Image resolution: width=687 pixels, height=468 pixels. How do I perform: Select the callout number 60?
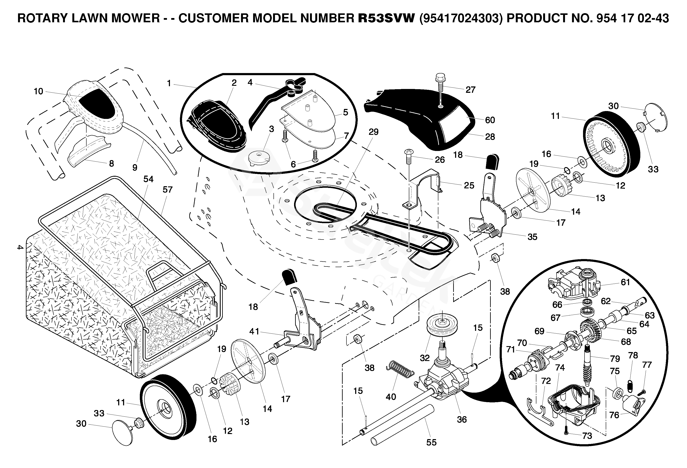(490, 120)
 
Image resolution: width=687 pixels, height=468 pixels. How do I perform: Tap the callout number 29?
(373, 132)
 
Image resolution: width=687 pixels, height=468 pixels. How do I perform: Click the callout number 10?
(38, 91)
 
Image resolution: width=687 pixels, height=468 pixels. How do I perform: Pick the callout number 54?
(148, 179)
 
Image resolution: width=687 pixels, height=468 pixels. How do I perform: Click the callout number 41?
(254, 332)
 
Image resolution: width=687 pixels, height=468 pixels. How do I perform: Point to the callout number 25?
(469, 186)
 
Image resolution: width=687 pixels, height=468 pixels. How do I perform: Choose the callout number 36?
(462, 420)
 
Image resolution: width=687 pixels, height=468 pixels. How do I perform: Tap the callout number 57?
(167, 190)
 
